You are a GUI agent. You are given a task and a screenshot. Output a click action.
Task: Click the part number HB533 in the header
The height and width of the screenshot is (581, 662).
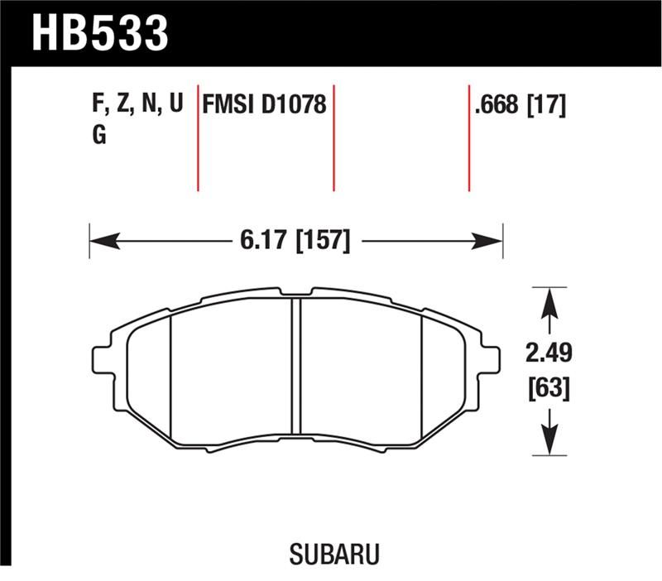click(99, 33)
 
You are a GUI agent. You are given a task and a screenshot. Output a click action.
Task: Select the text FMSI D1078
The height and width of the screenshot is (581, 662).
click(265, 106)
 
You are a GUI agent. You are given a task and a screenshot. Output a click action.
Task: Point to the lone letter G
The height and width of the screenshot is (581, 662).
click(98, 136)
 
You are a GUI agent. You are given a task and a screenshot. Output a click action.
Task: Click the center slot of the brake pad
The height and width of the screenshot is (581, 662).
click(296, 367)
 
